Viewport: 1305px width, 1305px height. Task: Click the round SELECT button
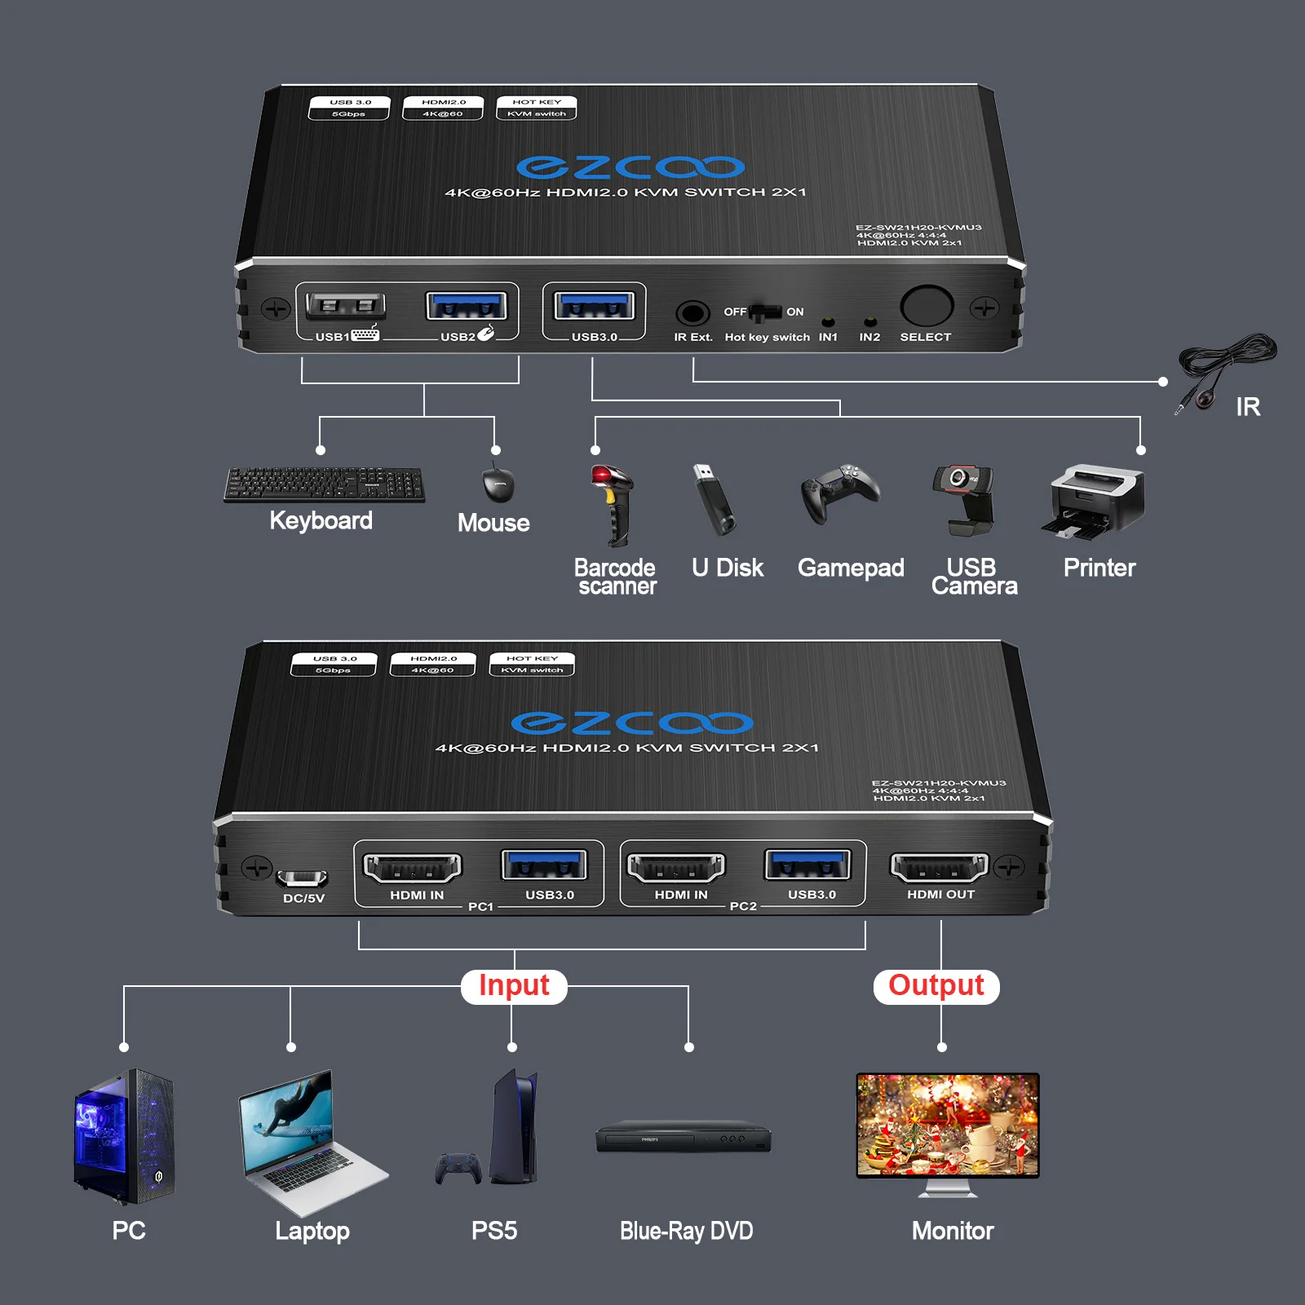click(927, 307)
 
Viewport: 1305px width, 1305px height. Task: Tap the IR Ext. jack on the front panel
click(692, 313)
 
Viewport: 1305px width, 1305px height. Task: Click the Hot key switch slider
click(764, 312)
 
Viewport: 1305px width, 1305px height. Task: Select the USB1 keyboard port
click(345, 307)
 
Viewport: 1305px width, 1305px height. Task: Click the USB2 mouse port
click(467, 307)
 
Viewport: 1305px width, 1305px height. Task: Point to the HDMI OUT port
click(940, 868)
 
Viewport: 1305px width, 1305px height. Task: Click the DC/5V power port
click(302, 878)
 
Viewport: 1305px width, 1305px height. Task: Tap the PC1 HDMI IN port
click(413, 868)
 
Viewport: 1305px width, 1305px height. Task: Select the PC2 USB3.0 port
click(807, 865)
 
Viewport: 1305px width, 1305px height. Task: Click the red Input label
click(514, 985)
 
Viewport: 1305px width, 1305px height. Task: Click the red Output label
click(936, 985)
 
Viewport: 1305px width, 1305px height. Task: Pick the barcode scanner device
click(612, 504)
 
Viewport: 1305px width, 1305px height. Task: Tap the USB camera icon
click(964, 498)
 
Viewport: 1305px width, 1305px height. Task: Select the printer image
click(1095, 499)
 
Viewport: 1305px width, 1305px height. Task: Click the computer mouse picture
click(498, 484)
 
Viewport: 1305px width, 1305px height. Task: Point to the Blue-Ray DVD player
click(683, 1139)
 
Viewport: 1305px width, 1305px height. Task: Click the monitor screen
click(948, 1124)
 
